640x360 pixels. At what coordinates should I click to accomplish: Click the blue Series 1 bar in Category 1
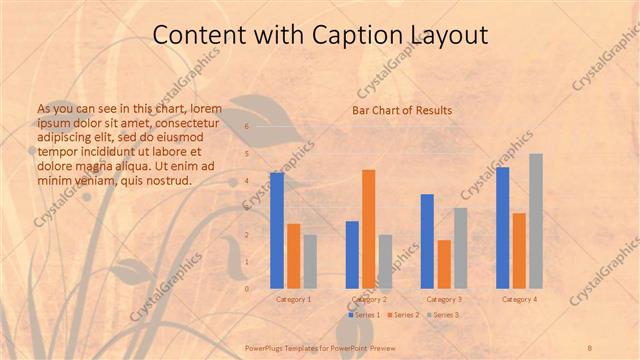click(x=277, y=230)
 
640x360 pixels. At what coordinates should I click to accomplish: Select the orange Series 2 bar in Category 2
click(x=369, y=228)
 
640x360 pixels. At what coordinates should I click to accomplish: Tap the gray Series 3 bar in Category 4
click(x=536, y=221)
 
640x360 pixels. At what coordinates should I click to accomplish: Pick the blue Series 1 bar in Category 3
click(x=427, y=241)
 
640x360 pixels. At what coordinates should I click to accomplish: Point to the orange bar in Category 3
click(x=444, y=264)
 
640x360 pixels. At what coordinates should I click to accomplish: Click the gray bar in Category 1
click(x=310, y=261)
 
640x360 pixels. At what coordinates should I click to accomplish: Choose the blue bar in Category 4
click(x=502, y=227)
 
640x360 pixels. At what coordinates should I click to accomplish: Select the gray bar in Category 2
click(x=386, y=261)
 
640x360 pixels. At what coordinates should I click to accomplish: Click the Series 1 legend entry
click(x=364, y=315)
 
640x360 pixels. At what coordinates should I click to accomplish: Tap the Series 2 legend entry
click(x=402, y=315)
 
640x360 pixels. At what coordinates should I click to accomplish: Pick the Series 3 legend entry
click(x=443, y=315)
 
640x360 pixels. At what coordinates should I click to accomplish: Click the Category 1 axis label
click(x=293, y=299)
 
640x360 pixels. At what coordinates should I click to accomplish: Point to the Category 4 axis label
click(x=519, y=299)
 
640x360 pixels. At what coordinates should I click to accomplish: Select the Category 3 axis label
click(x=444, y=299)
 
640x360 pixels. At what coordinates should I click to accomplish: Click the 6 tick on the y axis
click(x=247, y=127)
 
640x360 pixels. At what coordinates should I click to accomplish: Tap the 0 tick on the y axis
click(x=247, y=288)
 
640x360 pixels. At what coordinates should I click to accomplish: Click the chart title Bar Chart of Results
click(x=402, y=110)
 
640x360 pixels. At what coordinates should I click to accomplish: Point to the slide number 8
click(x=590, y=347)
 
